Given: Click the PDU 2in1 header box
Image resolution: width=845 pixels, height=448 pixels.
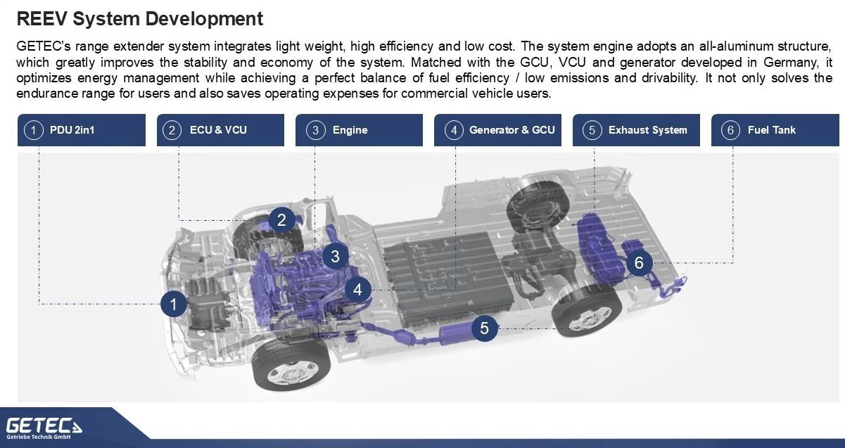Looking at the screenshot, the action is point(82,130).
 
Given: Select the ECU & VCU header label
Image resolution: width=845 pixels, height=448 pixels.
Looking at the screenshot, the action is point(220,130).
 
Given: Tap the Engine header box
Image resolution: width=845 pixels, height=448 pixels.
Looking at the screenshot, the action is point(359,130).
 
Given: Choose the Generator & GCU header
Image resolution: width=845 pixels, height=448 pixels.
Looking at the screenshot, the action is point(497,130).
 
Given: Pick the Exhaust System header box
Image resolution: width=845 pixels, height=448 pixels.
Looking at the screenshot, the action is point(637,130).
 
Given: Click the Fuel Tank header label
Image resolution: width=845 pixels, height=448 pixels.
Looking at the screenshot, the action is point(775,130).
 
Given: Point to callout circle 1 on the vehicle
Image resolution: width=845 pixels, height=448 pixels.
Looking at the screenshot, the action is point(174,304).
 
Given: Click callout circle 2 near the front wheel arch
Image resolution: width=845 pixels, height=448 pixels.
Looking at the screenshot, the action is point(282,220).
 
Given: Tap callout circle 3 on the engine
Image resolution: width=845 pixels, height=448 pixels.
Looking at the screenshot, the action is point(336,257).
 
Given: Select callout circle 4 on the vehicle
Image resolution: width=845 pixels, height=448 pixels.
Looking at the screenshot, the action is point(357,290).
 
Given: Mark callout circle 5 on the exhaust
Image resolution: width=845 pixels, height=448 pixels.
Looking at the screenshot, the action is point(485,328).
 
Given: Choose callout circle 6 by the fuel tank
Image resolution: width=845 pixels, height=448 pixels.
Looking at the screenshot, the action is point(639,263).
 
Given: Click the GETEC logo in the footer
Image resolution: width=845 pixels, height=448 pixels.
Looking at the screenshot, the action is point(44,428).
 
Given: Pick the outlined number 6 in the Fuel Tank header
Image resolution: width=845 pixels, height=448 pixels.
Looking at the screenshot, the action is point(730,131).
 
